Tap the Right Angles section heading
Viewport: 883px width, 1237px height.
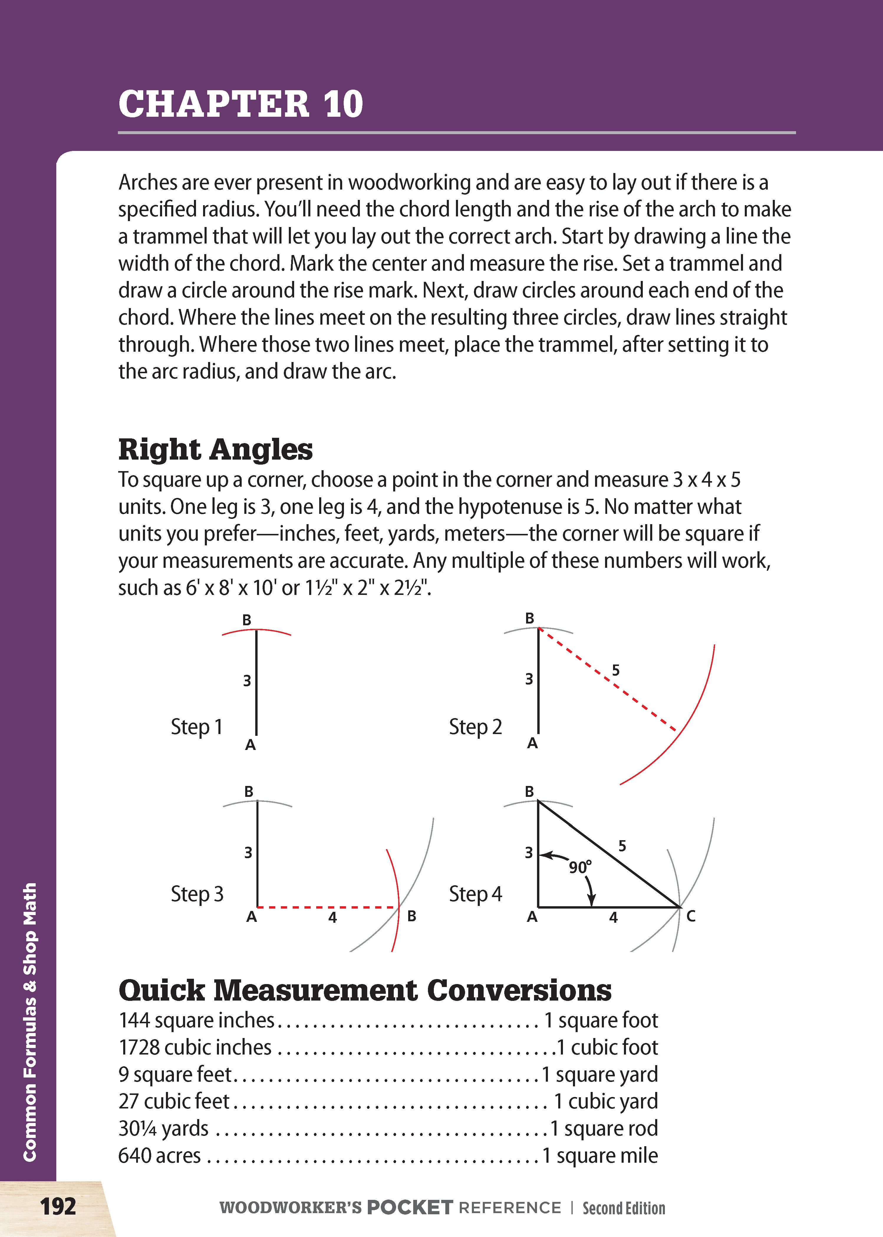215,450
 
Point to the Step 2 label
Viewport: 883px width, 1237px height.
475,727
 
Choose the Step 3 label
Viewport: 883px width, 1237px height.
197,894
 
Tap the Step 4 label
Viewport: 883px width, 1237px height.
475,894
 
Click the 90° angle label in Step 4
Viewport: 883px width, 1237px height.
580,867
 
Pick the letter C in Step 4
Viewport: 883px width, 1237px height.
691,917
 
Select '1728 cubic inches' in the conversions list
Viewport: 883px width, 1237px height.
195,1047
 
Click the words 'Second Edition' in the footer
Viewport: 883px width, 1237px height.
624,1208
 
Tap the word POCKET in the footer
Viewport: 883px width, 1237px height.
409,1208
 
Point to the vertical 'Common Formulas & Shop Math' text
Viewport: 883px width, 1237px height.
30,1022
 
